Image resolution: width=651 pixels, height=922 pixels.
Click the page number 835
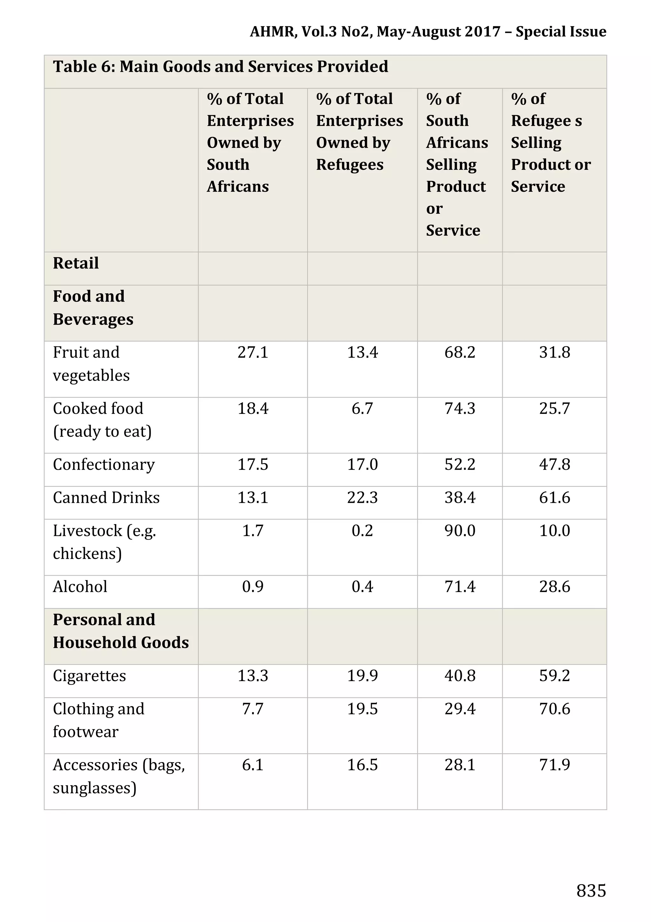click(591, 891)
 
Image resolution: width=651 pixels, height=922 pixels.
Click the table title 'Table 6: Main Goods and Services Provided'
click(221, 67)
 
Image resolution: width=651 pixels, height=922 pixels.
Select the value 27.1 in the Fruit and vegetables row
click(253, 352)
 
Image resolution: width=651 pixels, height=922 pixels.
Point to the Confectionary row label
click(104, 465)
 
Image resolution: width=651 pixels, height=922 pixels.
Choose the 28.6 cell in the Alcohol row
click(554, 587)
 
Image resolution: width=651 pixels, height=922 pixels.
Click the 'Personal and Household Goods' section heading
click(120, 631)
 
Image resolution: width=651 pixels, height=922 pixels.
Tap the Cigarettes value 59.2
click(554, 676)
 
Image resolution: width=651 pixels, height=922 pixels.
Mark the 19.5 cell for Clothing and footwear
click(362, 709)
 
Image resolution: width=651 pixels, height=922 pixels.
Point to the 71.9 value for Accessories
click(554, 765)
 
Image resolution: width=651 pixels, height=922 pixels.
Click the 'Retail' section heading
click(76, 263)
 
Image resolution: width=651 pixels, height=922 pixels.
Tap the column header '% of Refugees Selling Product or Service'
click(550, 143)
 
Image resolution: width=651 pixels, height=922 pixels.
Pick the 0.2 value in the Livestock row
click(362, 531)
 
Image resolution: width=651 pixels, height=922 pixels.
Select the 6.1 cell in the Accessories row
click(253, 765)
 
